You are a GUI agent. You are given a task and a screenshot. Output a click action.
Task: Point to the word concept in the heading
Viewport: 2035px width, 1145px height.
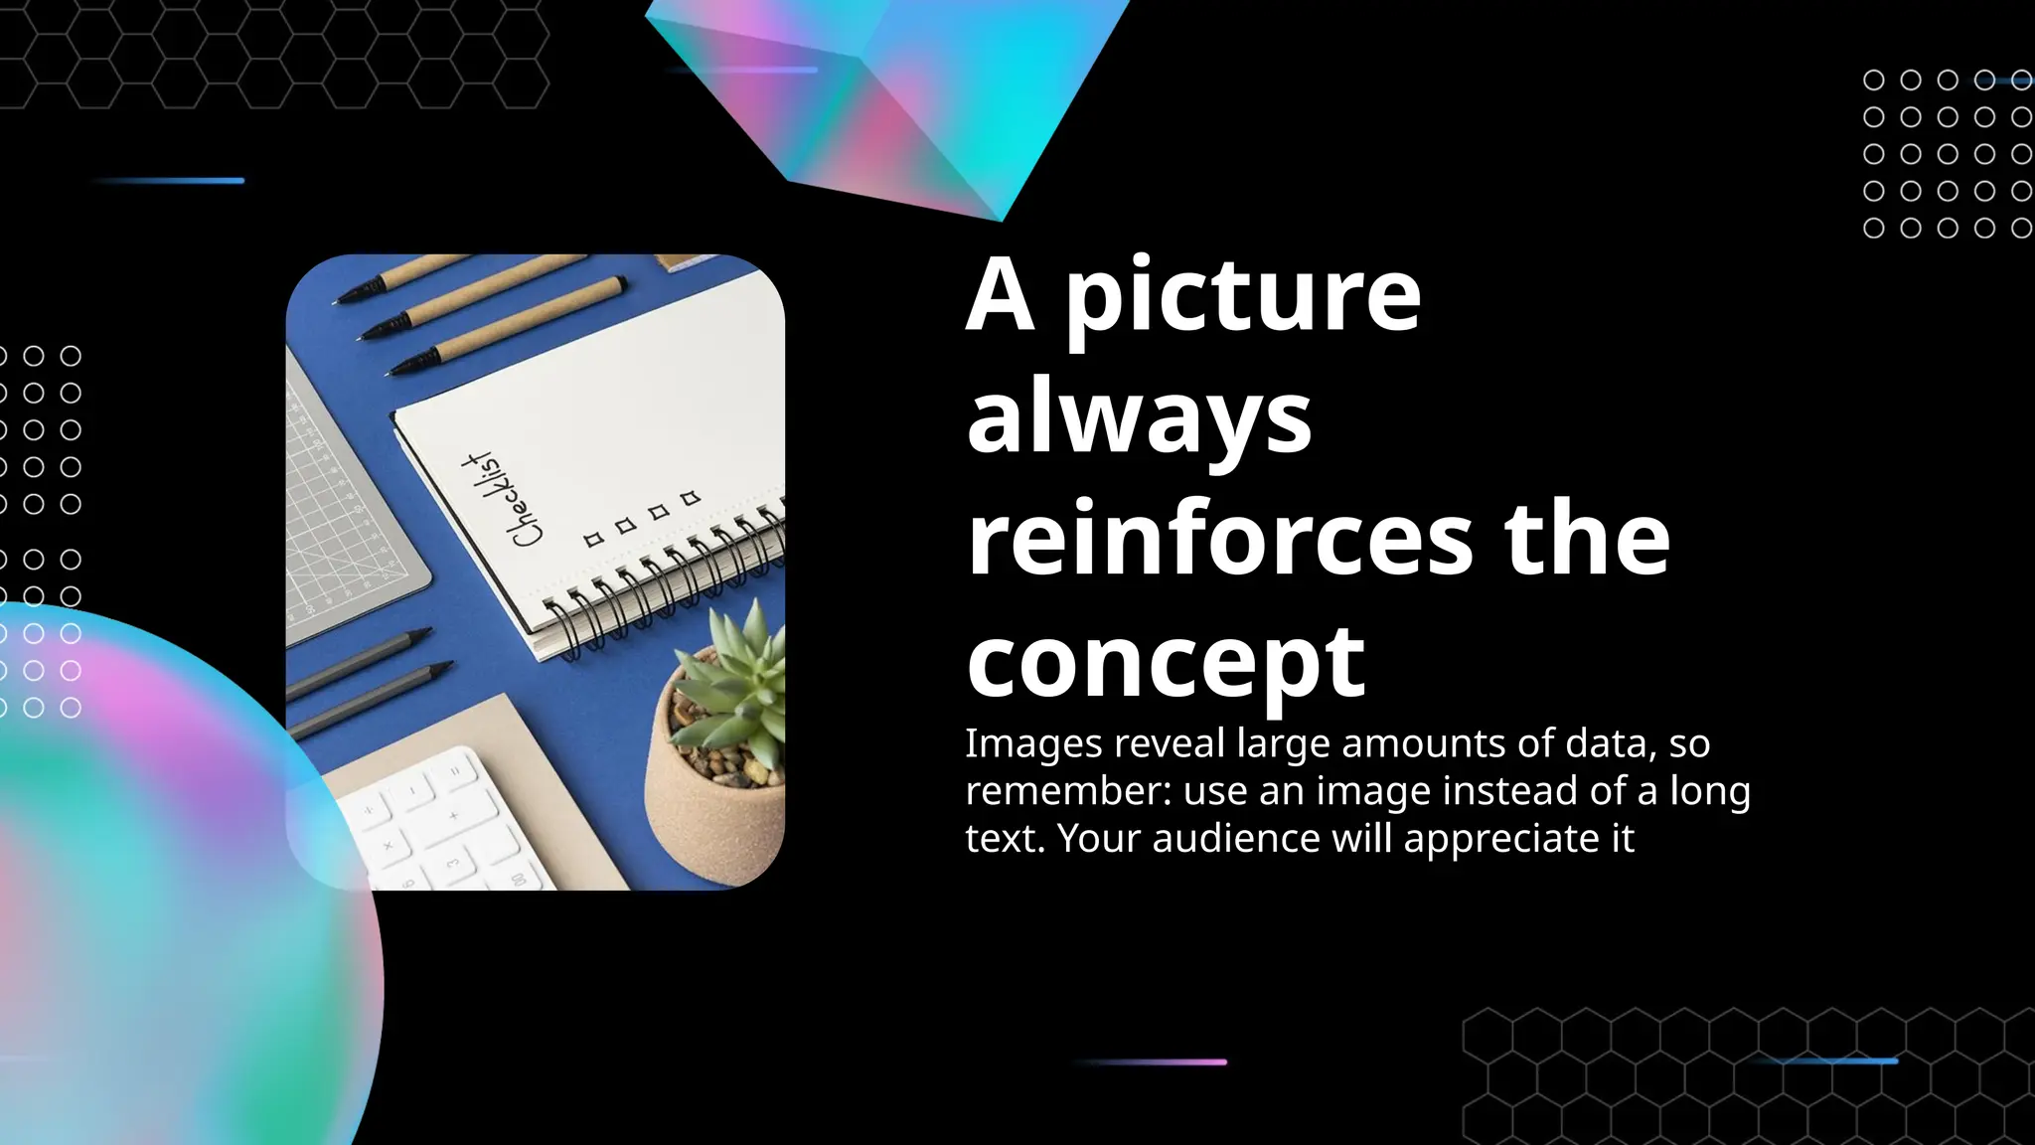pyautogui.click(x=1166, y=662)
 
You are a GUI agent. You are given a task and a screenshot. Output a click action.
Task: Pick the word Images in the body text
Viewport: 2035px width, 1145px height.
pyautogui.click(x=1033, y=744)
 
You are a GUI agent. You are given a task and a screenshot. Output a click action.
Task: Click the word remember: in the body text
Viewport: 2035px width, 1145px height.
pyautogui.click(x=1067, y=791)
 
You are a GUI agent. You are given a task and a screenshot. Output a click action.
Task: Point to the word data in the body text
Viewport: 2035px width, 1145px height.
pyautogui.click(x=1605, y=743)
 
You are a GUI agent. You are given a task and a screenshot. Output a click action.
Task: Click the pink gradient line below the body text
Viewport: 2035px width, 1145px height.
pyautogui.click(x=1153, y=1063)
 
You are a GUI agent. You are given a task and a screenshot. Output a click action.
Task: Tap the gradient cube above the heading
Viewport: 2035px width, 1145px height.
pyautogui.click(x=894, y=99)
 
